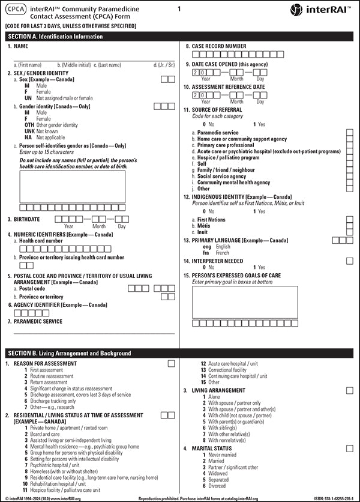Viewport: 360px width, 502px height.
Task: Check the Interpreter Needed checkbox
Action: (349, 261)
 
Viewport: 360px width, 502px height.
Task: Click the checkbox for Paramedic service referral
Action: (349, 132)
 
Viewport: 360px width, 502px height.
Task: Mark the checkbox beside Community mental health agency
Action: (349, 183)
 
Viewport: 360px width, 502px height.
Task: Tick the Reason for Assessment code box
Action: (172, 363)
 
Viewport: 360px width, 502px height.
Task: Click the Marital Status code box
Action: (349, 449)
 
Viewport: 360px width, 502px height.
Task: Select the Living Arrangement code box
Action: (349, 390)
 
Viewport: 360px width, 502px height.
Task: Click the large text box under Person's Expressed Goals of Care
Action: (244, 301)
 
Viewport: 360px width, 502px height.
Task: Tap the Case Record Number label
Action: (219, 46)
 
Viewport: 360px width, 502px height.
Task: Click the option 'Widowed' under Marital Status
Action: (219, 473)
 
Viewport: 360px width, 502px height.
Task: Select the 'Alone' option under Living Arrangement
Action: (215, 397)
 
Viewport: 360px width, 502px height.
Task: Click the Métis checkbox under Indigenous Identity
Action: (349, 226)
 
